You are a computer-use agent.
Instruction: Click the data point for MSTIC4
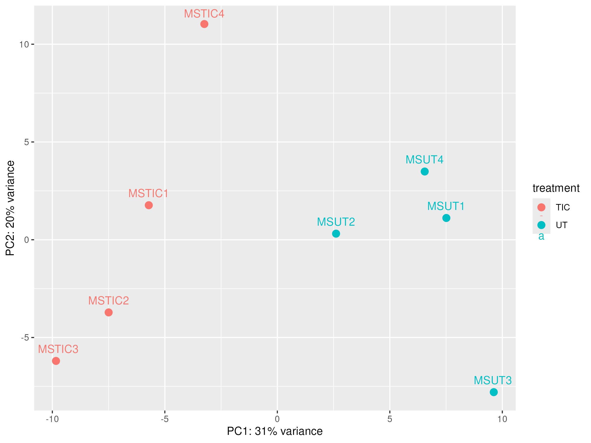204,24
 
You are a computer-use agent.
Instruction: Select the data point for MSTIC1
149,205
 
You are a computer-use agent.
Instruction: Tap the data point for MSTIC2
109,312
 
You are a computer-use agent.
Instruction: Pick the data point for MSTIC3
56,361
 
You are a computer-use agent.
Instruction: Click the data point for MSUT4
425,172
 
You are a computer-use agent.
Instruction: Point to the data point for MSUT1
446,218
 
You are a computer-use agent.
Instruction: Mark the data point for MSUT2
336,234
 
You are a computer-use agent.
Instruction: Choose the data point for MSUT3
494,392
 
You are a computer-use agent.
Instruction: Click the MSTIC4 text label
204,14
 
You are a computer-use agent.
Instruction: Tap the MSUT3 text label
493,380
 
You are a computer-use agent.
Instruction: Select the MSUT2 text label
336,222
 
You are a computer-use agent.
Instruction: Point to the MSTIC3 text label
58,349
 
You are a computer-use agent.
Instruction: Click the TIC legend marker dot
541,207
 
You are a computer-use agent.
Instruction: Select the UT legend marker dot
541,225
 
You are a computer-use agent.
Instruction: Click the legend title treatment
556,188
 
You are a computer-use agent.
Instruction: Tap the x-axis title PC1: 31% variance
275,431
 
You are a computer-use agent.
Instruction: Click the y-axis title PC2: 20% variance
10,208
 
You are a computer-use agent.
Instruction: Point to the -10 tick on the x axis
52,419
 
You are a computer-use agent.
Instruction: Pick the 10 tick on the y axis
24,44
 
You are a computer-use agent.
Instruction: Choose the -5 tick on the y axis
25,337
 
